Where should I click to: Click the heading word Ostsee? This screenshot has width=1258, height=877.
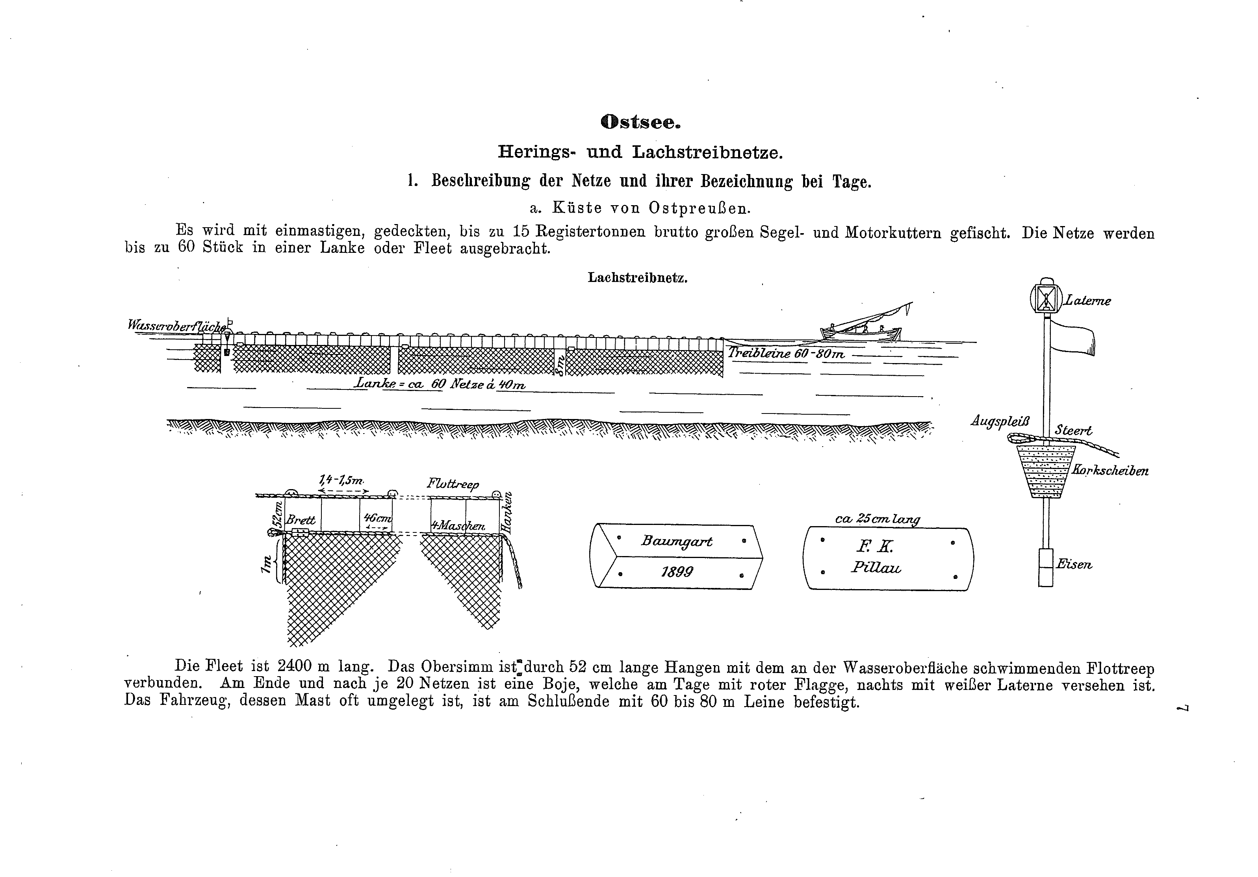[x=640, y=122]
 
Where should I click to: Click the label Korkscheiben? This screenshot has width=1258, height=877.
[x=1110, y=471]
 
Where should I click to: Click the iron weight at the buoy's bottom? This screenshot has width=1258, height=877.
[x=1045, y=567]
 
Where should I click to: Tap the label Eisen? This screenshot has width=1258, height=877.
[x=1074, y=564]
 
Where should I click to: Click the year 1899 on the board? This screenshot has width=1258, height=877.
[x=677, y=572]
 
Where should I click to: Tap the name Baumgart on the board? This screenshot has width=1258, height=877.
[x=677, y=541]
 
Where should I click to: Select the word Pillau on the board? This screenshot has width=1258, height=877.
[x=876, y=567]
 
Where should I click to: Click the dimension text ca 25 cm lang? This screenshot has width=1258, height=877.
[x=877, y=519]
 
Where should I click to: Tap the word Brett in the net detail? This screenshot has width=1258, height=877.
[x=301, y=520]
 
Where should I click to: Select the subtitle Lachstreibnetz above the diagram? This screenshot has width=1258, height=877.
[x=637, y=278]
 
